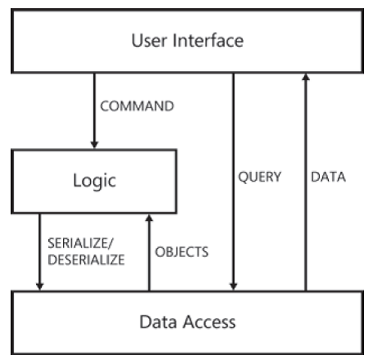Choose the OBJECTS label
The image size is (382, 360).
pyautogui.click(x=182, y=251)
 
